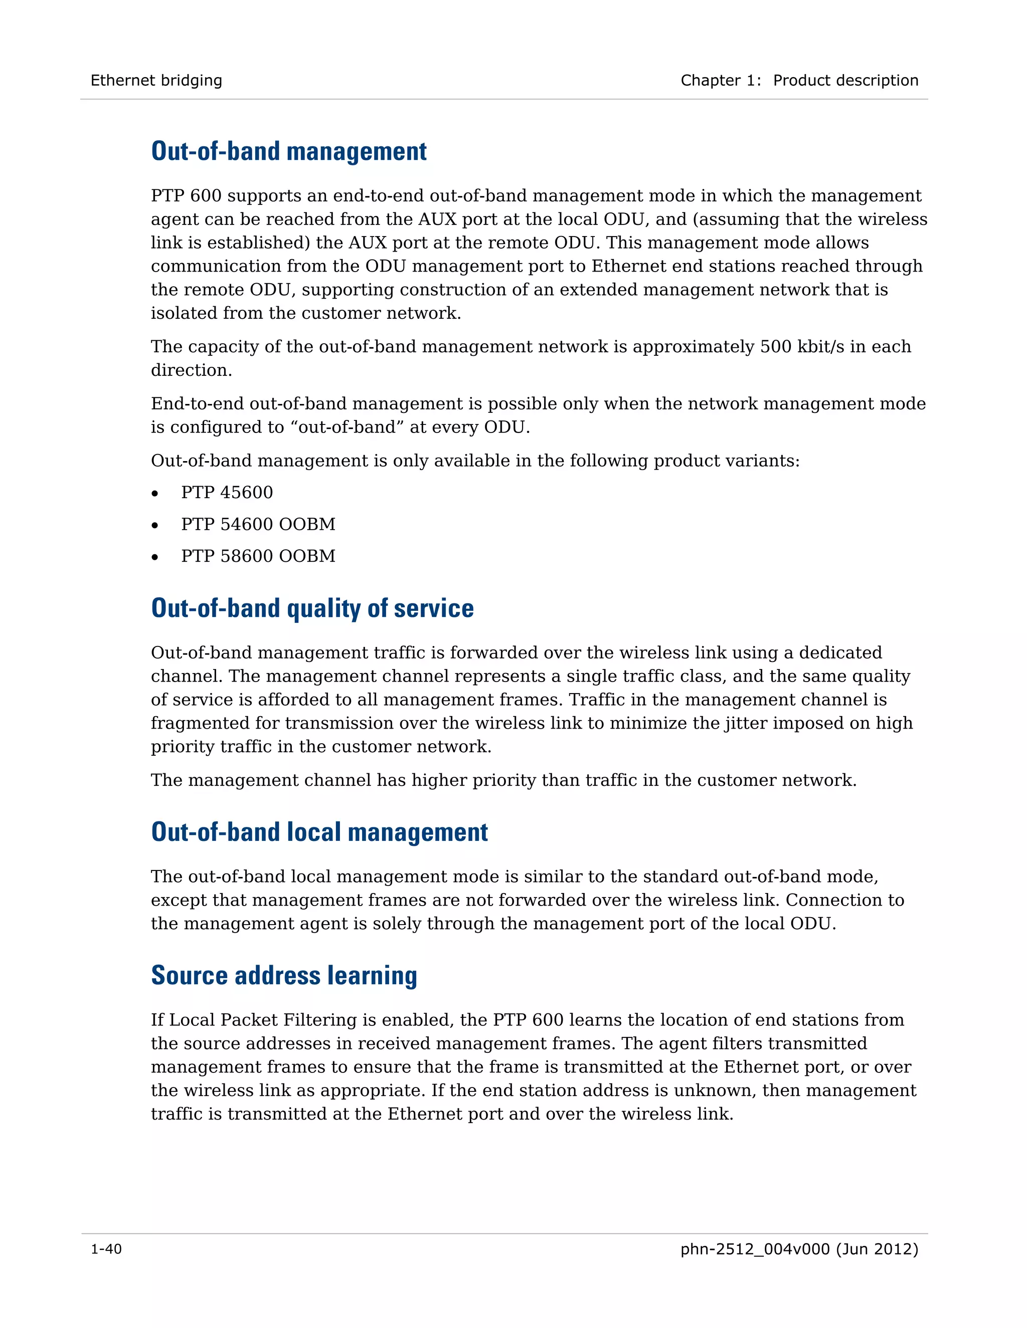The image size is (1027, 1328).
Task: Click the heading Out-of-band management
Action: pos(288,151)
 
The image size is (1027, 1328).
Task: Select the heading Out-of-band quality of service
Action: pos(312,608)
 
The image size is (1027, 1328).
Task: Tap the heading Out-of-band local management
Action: pos(319,832)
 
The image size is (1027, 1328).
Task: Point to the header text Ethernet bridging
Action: pos(156,80)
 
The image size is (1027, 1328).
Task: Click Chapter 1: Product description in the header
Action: pos(799,80)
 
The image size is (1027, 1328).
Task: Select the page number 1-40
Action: pos(106,1249)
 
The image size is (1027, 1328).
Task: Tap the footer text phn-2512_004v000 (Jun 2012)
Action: pos(799,1249)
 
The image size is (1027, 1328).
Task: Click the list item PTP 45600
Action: pos(227,493)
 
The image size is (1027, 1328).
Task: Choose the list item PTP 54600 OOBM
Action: pos(258,524)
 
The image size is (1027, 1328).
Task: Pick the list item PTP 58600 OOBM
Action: pos(258,556)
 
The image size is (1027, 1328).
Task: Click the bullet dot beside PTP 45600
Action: pos(155,493)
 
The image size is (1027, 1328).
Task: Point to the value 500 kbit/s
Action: pos(802,347)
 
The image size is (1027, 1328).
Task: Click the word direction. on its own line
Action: pos(191,370)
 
